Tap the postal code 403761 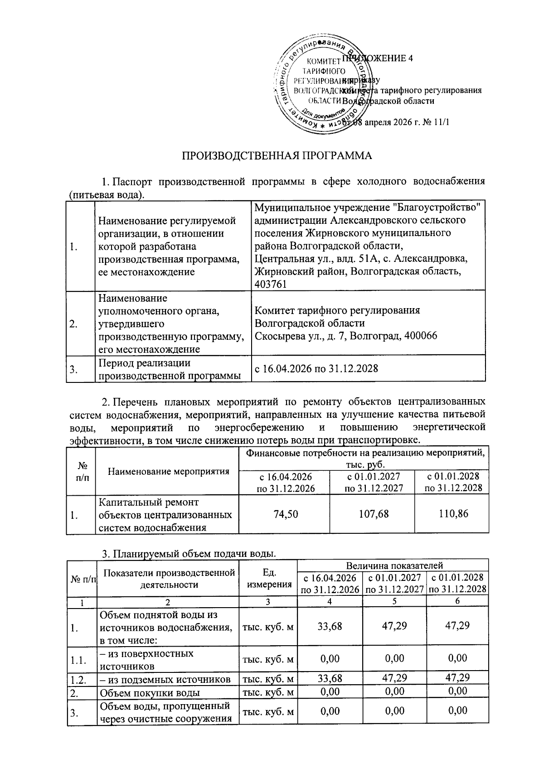click(271, 284)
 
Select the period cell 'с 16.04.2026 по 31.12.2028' click(316, 368)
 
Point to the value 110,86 click(452, 514)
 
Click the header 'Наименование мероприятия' click(168, 471)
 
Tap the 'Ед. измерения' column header click(269, 578)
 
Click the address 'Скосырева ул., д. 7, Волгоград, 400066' click(345, 336)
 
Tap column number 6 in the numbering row click(457, 601)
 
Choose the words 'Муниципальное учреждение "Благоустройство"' click(367, 208)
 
